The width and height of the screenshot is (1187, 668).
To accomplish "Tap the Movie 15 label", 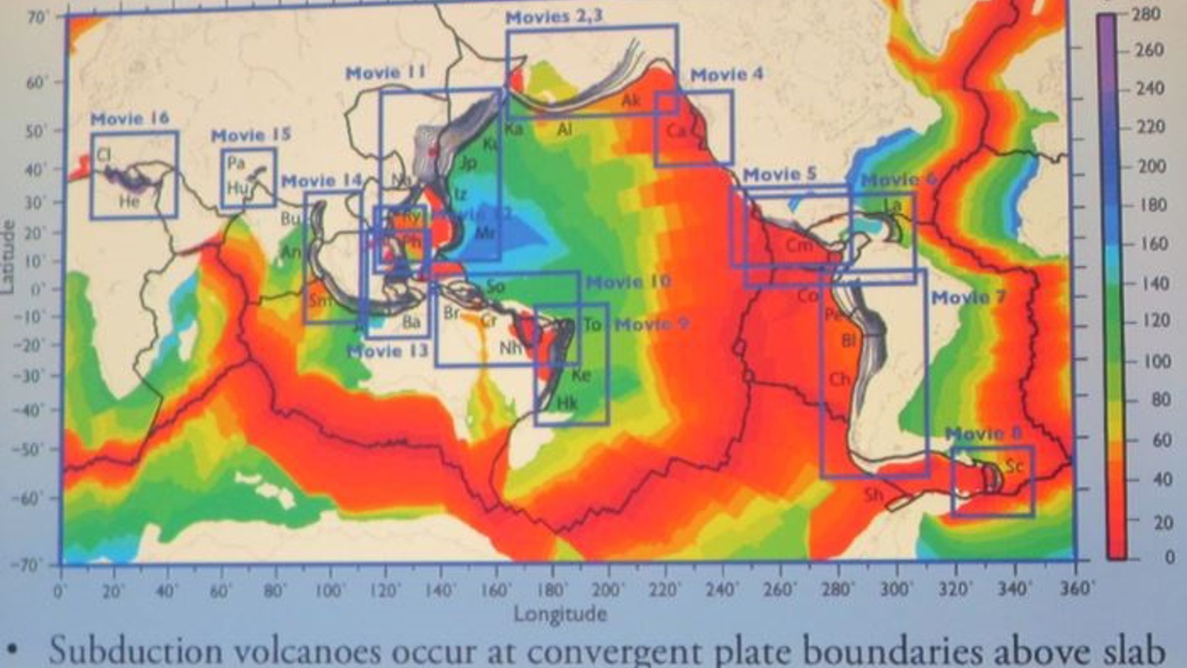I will [x=250, y=135].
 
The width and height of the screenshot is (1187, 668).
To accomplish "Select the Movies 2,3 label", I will [x=553, y=16].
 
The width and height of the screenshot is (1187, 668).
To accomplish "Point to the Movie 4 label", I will [x=727, y=75].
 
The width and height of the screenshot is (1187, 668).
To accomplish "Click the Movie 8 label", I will [x=984, y=434].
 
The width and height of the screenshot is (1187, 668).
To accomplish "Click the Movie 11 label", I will [x=385, y=74].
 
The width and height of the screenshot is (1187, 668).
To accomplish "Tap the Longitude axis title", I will [x=560, y=613].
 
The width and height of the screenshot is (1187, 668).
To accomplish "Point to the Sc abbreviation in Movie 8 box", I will [x=1014, y=467].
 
